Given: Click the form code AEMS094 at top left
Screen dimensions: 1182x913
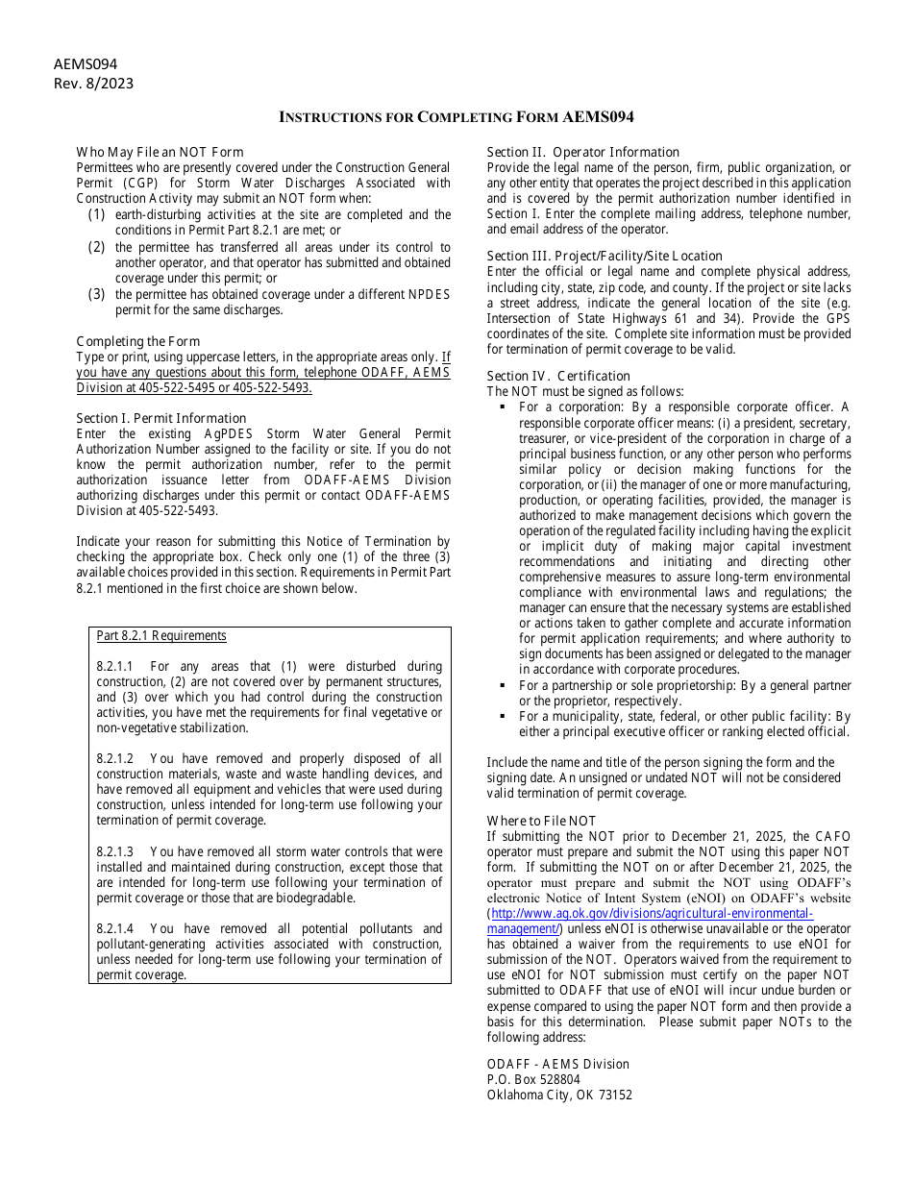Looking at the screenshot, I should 86,64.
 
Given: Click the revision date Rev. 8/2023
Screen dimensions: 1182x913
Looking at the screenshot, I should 93,84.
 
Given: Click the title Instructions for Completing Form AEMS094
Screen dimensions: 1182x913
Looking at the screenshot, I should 456,117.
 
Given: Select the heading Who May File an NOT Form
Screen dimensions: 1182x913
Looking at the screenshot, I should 160,152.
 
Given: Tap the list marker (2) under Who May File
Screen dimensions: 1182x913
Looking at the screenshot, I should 97,247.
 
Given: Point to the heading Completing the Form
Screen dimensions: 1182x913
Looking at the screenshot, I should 138,341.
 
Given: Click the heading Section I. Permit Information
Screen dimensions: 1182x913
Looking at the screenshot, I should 161,418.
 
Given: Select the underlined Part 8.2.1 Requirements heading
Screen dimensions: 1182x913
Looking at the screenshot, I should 161,635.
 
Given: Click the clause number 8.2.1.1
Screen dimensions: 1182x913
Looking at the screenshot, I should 114,666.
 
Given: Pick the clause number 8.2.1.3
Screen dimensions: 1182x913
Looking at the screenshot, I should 114,851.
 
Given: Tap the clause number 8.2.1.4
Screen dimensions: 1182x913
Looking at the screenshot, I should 114,928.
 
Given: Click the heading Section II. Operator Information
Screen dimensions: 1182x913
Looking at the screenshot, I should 582,152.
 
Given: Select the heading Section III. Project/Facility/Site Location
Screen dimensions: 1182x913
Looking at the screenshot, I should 605,256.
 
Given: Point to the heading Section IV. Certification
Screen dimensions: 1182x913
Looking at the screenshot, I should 558,376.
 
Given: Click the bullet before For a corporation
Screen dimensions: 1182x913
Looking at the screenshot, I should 503,407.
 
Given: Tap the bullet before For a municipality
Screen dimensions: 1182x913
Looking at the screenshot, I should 503,717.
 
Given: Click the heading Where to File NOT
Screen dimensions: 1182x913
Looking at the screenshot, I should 541,821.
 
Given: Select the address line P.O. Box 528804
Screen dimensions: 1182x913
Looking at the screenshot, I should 533,1079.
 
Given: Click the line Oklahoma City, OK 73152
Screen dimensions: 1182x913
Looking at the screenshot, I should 559,1095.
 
